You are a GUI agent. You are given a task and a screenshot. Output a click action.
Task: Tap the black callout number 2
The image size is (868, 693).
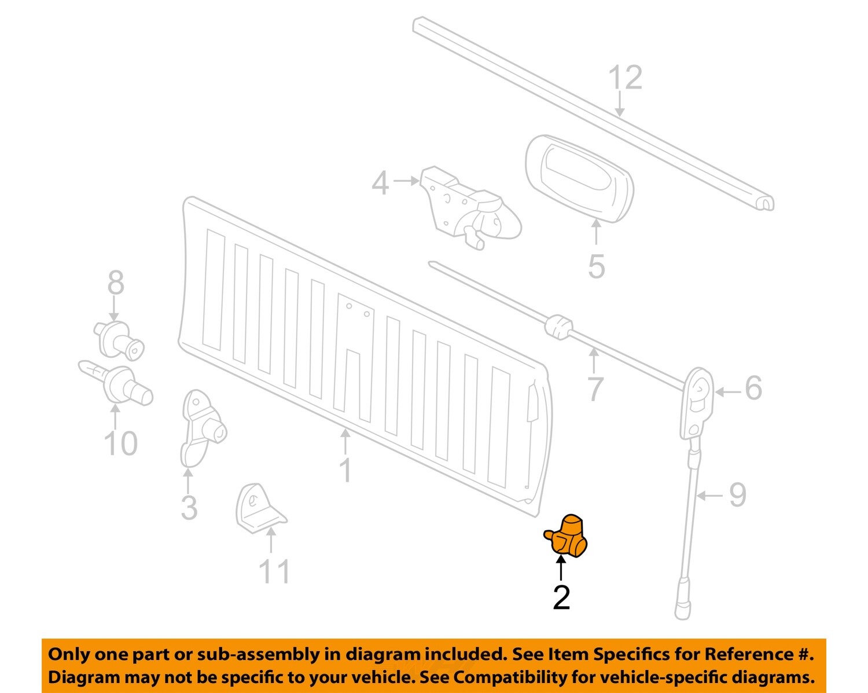(x=561, y=597)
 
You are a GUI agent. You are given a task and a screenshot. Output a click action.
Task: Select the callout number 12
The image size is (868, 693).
(x=626, y=78)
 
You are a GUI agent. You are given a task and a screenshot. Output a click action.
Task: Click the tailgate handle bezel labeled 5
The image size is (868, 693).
(x=579, y=179)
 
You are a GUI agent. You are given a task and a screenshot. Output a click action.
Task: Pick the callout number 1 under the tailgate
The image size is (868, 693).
(x=345, y=470)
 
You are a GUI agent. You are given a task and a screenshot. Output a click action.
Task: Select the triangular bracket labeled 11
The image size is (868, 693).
(x=257, y=509)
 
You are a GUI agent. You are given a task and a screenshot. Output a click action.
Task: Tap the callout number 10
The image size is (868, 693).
(x=121, y=443)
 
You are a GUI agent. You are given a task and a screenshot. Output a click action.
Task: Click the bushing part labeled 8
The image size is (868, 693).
(x=119, y=339)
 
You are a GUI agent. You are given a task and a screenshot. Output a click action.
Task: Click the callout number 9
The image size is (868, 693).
(x=737, y=495)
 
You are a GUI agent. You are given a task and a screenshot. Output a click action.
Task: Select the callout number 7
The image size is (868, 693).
(x=595, y=388)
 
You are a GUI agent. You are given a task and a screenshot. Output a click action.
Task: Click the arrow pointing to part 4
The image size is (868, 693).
(x=406, y=181)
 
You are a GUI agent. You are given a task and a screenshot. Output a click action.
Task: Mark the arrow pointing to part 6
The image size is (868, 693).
(x=728, y=392)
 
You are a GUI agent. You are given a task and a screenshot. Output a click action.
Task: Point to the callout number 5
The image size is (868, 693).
(x=597, y=266)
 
